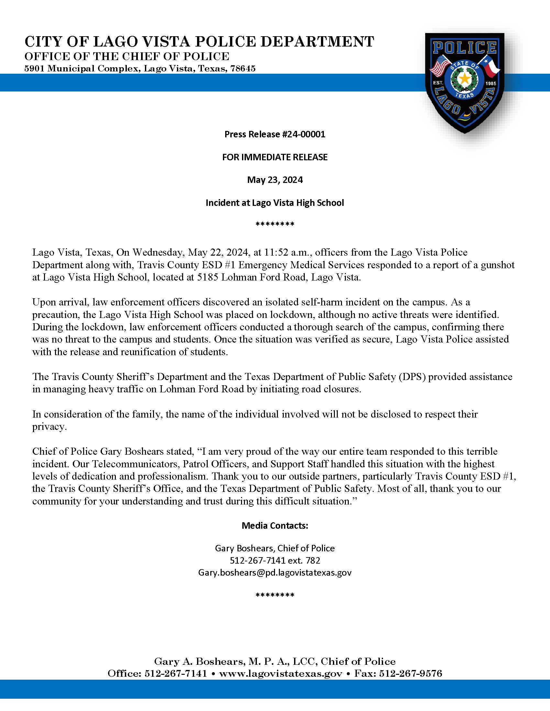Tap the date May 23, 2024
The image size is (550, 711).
[275, 180]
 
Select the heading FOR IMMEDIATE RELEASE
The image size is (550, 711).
[275, 157]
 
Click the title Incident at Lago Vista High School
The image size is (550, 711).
[275, 203]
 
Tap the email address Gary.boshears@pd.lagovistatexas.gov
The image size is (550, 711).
[275, 573]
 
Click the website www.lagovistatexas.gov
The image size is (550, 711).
[280, 673]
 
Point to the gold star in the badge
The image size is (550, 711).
[465, 79]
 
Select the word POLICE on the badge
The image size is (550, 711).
[465, 48]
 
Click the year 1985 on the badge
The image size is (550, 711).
[491, 84]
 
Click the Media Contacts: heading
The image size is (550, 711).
[275, 526]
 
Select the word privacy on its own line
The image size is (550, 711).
[49, 427]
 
